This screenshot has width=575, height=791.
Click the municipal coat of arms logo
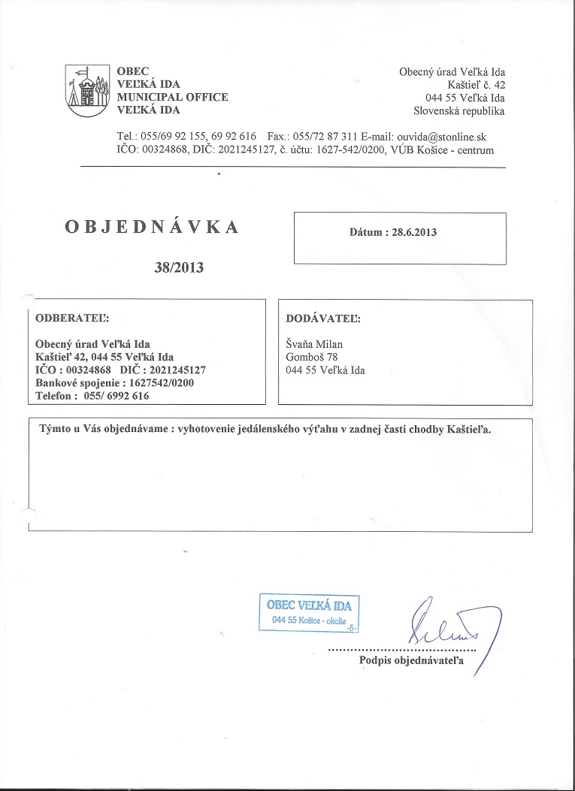(x=89, y=91)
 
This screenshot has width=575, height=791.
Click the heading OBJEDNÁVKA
(x=153, y=227)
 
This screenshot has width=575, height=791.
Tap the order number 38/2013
(x=179, y=267)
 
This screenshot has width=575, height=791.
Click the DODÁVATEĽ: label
(x=323, y=318)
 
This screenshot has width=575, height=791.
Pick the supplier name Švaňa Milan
(x=314, y=344)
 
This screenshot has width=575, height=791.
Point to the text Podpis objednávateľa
(x=413, y=660)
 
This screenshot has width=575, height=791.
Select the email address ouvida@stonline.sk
(x=446, y=137)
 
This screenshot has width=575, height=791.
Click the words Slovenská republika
(x=459, y=111)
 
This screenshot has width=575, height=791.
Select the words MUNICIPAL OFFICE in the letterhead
(x=172, y=97)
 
